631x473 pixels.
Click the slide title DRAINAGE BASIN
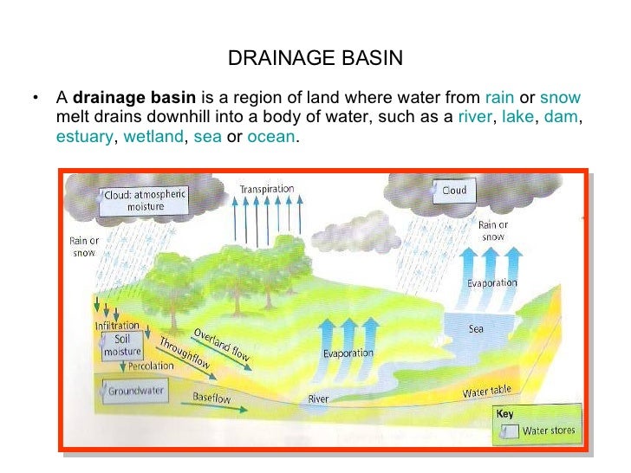coord(315,59)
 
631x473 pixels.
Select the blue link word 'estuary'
coord(84,137)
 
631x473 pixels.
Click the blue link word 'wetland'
coord(153,137)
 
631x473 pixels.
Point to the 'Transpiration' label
coord(267,189)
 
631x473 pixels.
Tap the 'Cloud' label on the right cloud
coord(454,191)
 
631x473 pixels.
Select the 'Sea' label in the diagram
coord(476,329)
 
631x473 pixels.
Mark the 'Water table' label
coord(486,392)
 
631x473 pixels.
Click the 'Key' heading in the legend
coord(504,414)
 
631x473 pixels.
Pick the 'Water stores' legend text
coord(548,431)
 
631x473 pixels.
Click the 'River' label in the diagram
coord(319,399)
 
